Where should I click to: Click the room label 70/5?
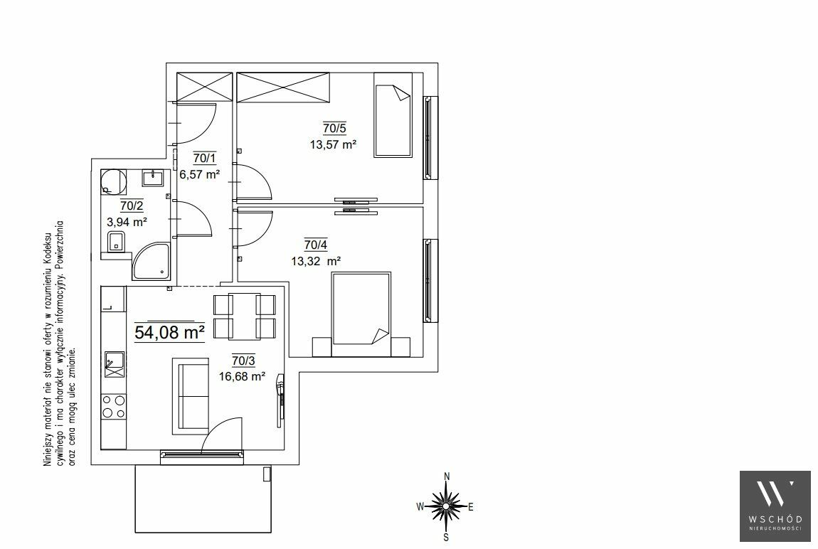pos(334,128)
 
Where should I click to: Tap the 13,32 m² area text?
pos(316,261)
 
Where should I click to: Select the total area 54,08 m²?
pos(169,332)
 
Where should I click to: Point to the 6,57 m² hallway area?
pos(200,175)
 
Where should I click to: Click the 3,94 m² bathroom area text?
pos(127,222)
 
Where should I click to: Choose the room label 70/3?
pos(244,360)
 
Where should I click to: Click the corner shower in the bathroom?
pos(151,261)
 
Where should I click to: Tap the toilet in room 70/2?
pos(116,242)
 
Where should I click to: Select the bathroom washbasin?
pos(153,177)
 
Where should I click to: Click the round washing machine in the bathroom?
pos(114,182)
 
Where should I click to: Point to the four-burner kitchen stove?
pos(114,407)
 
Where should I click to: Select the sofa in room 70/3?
pos(191,395)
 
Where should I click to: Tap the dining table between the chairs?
pos(244,316)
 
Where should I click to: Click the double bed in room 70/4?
pos(361,314)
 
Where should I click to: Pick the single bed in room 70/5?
pos(393,114)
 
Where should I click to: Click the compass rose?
pos(446,506)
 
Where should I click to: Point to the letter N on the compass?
pos(447,476)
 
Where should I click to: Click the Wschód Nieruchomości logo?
pos(775,506)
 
